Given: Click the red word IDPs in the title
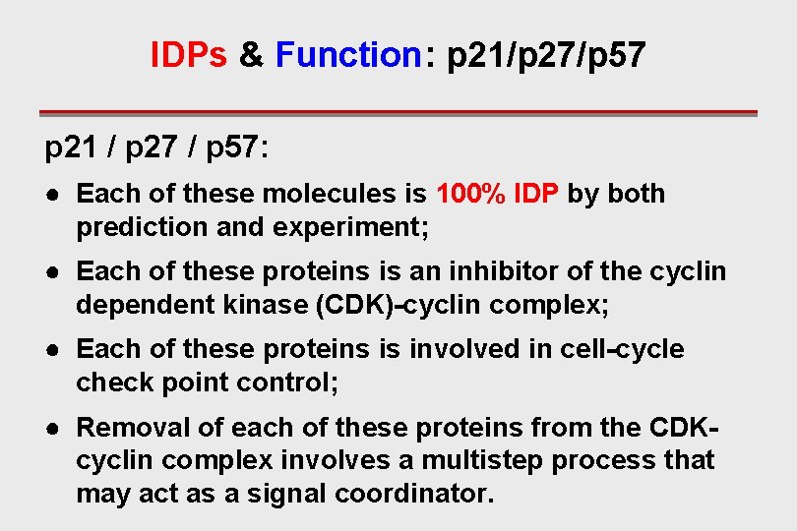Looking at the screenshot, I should (189, 55).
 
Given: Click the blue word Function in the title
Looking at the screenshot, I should (348, 55).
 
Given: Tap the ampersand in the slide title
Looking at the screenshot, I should (252, 55).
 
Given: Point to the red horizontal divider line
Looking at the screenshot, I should (398, 113).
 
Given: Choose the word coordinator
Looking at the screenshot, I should (412, 493).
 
